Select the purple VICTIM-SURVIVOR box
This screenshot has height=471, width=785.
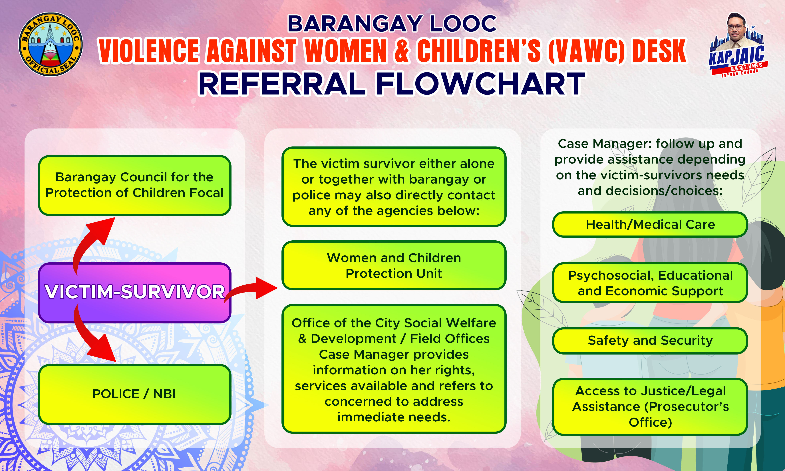pos(134,293)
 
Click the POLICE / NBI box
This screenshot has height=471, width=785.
pos(134,394)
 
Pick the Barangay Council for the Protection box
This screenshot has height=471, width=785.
pos(134,185)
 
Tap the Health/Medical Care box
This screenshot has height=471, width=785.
pos(650,224)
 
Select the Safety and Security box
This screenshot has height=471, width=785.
pos(650,341)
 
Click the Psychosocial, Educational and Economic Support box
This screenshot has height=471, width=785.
pos(650,283)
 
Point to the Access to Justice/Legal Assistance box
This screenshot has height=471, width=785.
pos(650,406)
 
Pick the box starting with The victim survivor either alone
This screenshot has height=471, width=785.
pos(394,187)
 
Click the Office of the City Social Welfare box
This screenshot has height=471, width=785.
pos(394,369)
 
